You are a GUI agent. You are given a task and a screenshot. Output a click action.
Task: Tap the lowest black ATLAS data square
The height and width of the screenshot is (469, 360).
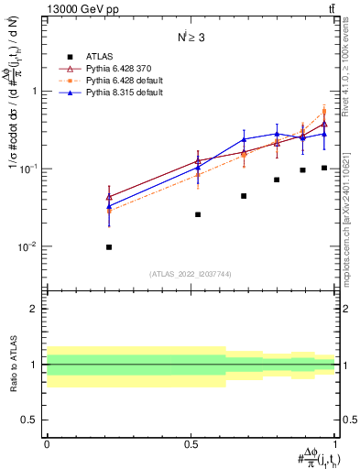[x=109, y=247]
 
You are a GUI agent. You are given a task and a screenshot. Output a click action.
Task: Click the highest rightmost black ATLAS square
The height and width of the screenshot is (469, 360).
[x=324, y=168]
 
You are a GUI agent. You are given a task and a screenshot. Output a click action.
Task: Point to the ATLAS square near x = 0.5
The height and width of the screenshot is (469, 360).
[x=198, y=214]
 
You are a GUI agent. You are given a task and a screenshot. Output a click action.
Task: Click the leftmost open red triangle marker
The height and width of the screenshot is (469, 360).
[x=109, y=196]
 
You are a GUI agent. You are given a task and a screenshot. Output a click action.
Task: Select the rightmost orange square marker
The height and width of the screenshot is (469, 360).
[x=324, y=113]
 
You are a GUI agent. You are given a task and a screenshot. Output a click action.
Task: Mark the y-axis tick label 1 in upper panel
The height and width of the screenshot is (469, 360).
[x=35, y=91]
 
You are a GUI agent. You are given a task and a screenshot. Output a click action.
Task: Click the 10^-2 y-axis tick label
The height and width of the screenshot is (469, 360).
[x=29, y=246]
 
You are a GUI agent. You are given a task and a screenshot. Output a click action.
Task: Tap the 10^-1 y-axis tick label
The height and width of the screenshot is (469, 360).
[x=29, y=169]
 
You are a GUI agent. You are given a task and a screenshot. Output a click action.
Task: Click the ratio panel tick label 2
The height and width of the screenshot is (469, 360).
[x=35, y=309]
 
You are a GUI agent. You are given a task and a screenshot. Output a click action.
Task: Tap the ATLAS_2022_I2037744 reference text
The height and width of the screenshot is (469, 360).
[x=191, y=274]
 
